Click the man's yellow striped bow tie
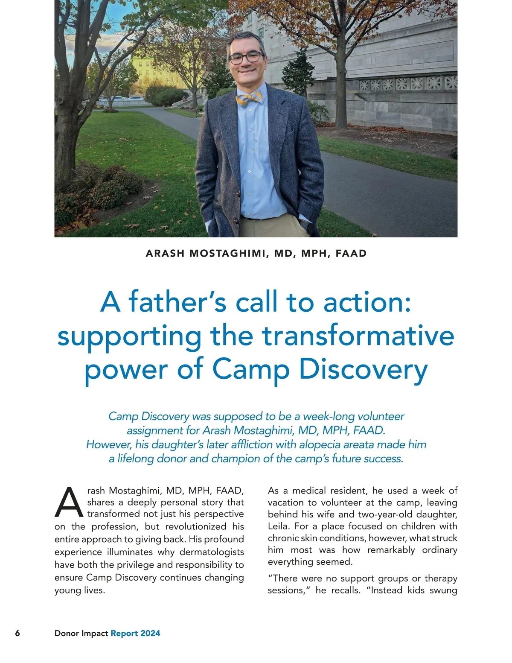click(x=249, y=99)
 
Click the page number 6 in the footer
click(x=17, y=633)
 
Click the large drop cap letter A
click(x=69, y=502)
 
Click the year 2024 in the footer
click(x=150, y=633)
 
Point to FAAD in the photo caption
click(x=351, y=253)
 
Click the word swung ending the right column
click(x=444, y=590)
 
